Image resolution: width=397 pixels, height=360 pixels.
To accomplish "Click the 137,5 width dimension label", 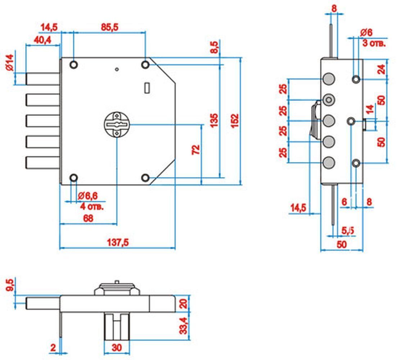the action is coord(118,242).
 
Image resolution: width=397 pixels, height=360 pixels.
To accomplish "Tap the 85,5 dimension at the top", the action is coord(110,27).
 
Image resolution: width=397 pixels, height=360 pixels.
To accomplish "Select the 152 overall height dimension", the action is coord(235,121).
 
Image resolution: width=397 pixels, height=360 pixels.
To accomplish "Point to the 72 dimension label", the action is coord(196,149).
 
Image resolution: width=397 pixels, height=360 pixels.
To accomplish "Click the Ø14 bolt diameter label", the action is coord(9,62).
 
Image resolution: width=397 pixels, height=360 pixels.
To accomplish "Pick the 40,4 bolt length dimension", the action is coord(42,40).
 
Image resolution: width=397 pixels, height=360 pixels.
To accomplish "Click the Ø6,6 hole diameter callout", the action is coord(87,195).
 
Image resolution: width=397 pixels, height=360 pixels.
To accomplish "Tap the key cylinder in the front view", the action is coord(117,125).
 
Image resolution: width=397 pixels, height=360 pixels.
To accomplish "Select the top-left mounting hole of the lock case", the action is coord(74,65).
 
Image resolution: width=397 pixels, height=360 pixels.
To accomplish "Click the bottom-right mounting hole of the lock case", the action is coord(145,178).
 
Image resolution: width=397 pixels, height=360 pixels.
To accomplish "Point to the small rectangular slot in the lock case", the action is coord(147,87).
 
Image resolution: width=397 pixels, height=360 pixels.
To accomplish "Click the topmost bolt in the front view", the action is coord(42,79).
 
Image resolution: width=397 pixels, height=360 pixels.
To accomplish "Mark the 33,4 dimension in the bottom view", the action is coord(184,326).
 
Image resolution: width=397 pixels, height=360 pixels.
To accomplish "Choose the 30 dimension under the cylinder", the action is coord(117,348).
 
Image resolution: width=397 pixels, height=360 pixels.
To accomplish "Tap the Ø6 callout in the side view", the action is coord(366,32).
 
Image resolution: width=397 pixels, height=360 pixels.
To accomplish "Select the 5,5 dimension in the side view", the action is coord(348,230).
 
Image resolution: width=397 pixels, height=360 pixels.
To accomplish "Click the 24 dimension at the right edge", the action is coord(381,69).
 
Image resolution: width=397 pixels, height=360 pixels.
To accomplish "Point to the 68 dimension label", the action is coord(88,218).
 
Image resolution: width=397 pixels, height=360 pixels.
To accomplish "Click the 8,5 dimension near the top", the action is coord(214,47).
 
